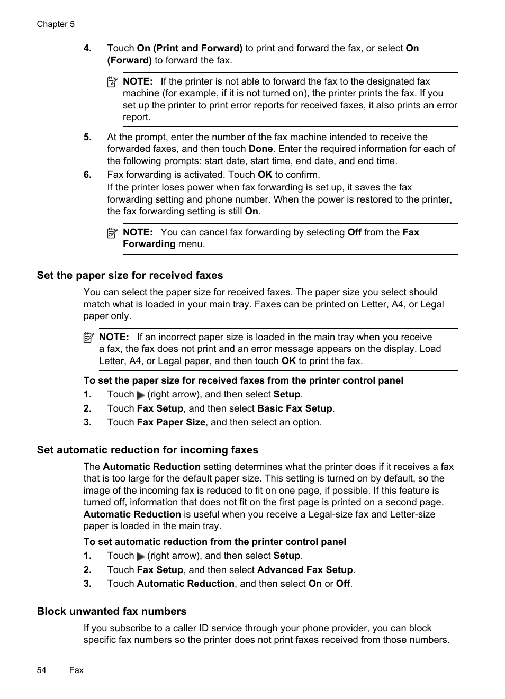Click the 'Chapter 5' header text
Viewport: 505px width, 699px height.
[x=56, y=24]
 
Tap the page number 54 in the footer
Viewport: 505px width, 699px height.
[x=42, y=670]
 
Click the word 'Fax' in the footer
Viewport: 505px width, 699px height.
[x=76, y=670]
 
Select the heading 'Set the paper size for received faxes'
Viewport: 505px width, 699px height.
[x=130, y=275]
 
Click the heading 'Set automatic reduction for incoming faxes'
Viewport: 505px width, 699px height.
[x=147, y=450]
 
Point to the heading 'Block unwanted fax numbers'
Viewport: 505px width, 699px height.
[x=112, y=611]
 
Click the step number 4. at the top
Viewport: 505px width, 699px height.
[x=87, y=48]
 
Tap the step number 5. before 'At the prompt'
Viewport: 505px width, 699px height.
[x=87, y=137]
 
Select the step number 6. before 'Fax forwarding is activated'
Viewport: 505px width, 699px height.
[x=87, y=175]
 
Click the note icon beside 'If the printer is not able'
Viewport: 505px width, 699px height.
[x=112, y=82]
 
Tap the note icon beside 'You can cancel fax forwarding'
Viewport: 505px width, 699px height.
[x=112, y=232]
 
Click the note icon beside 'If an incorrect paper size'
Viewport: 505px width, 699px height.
[x=88, y=337]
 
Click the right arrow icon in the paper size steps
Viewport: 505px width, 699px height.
[x=140, y=395]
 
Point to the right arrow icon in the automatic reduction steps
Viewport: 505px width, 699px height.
[x=140, y=557]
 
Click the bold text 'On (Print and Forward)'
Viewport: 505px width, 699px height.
[x=190, y=48]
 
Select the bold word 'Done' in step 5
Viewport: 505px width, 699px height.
[x=260, y=149]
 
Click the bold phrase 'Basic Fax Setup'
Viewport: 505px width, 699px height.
[x=294, y=408]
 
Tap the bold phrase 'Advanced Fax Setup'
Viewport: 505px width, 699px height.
[x=305, y=570]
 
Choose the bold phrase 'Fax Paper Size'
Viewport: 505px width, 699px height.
[x=171, y=422]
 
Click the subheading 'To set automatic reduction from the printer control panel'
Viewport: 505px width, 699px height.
[x=214, y=542]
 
